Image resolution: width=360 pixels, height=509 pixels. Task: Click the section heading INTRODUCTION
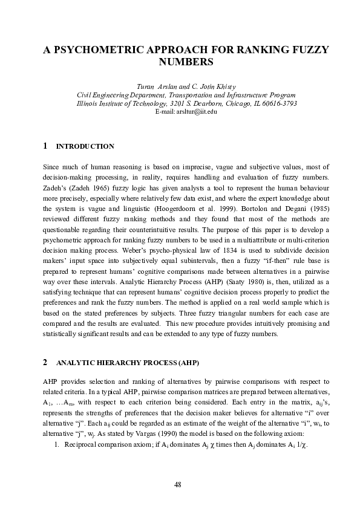85,147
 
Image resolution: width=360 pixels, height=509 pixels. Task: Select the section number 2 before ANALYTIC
45,363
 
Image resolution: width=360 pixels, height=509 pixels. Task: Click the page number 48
177,484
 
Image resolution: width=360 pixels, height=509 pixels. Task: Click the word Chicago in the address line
241,103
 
